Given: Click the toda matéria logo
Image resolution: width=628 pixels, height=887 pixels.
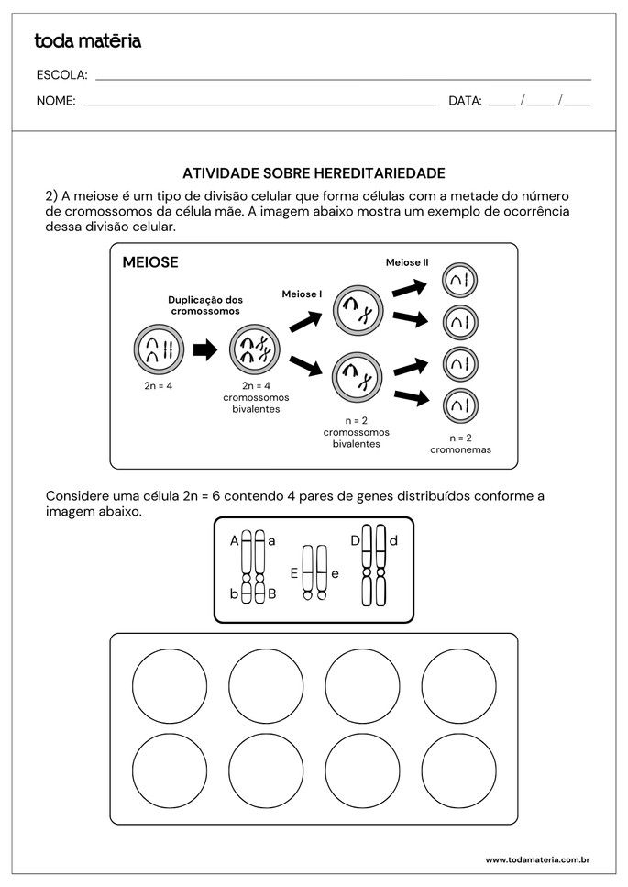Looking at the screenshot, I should [88, 40].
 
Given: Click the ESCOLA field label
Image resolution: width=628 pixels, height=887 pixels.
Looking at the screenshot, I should [61, 75].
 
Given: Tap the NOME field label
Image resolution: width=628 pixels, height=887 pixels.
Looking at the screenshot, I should [56, 101].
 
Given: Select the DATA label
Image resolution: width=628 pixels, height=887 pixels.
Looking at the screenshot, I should [465, 101].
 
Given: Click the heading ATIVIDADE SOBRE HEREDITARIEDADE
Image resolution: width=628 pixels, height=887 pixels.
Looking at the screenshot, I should [314, 172].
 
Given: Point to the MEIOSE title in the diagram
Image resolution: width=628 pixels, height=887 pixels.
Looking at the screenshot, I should [150, 263].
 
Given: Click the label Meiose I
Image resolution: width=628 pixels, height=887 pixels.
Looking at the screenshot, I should [302, 294].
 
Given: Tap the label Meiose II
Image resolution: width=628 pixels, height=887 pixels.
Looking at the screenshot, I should [407, 262].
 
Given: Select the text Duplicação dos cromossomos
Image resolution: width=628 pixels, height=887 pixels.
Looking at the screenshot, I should [205, 305].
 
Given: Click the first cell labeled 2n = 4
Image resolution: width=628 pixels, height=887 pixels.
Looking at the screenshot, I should [158, 349].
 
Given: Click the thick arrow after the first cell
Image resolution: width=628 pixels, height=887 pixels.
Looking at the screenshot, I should [205, 349].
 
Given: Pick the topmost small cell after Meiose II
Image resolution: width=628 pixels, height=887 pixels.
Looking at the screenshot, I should [460, 281].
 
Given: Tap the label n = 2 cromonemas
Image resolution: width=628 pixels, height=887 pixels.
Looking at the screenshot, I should [461, 444].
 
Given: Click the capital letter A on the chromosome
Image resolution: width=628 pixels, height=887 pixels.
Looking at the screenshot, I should [235, 541].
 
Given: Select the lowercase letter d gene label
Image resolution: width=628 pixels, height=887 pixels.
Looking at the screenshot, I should [393, 540].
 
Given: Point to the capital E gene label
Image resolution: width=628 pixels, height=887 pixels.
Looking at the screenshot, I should [294, 573].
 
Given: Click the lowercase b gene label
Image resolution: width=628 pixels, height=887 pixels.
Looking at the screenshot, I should [235, 594].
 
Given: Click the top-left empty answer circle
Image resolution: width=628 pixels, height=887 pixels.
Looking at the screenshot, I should [170, 685].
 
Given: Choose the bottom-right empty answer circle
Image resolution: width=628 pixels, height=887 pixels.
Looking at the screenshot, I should [459, 772].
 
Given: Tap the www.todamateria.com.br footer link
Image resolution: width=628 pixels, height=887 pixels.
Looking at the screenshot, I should [536, 859].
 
